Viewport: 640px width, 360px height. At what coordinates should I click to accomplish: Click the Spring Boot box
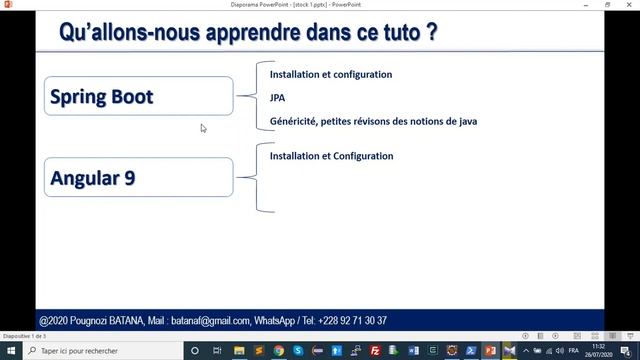(x=139, y=98)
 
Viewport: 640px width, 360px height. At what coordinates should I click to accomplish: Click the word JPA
(x=277, y=98)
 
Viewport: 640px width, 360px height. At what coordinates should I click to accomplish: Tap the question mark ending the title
(x=430, y=32)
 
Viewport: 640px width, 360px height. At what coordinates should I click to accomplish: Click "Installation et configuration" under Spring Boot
(x=331, y=75)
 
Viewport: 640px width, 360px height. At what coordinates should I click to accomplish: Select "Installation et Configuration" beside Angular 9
(x=331, y=156)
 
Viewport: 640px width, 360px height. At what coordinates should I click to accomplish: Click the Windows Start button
(x=9, y=351)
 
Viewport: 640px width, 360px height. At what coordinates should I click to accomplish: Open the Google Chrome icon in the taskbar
(x=278, y=351)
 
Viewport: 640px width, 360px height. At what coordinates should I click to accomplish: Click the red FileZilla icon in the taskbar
(x=374, y=351)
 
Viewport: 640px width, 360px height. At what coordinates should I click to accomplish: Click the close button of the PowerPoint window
(x=629, y=4)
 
